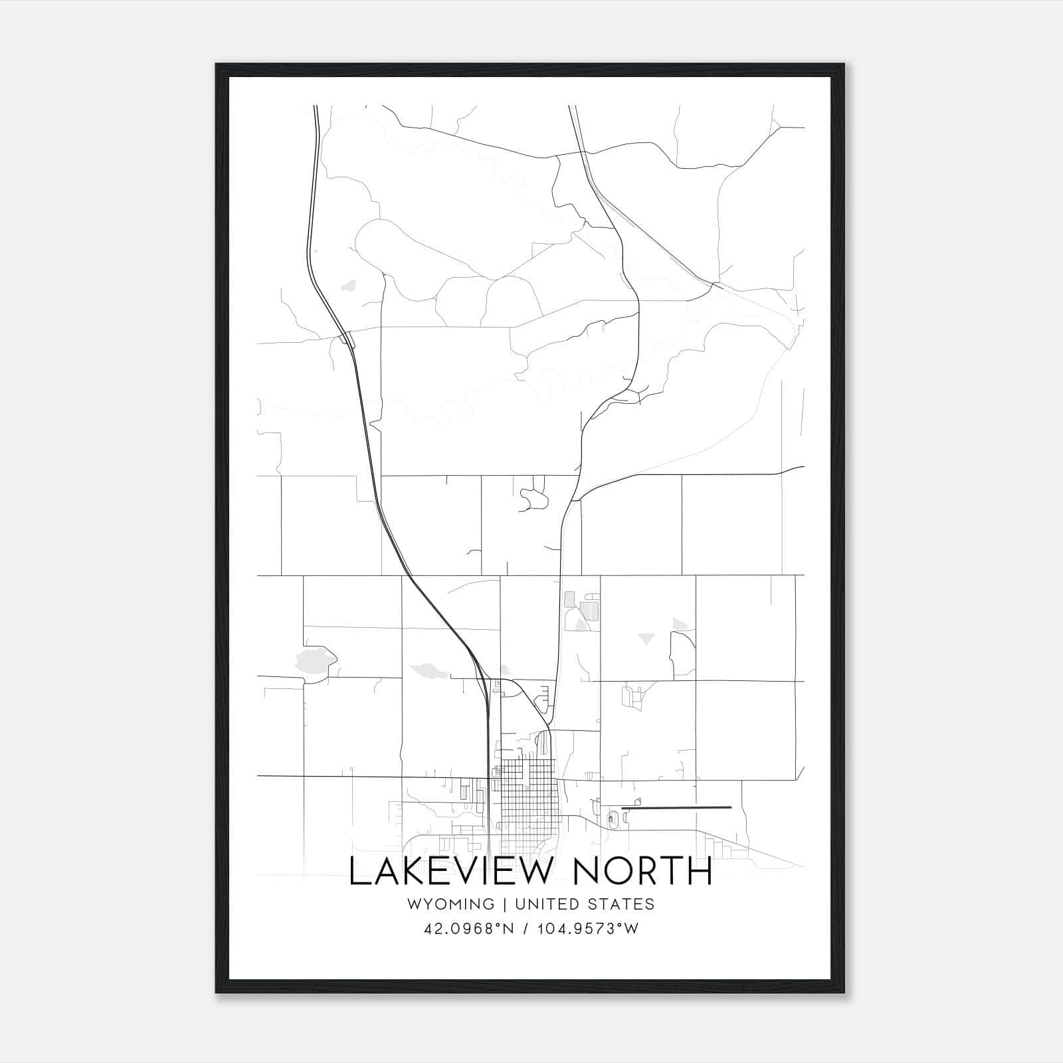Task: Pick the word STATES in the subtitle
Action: point(621,904)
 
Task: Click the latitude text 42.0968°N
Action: point(469,929)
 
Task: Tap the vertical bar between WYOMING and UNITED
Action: point(505,904)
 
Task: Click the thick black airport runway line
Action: point(676,808)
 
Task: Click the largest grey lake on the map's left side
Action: point(315,659)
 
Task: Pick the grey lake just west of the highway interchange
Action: point(429,670)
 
